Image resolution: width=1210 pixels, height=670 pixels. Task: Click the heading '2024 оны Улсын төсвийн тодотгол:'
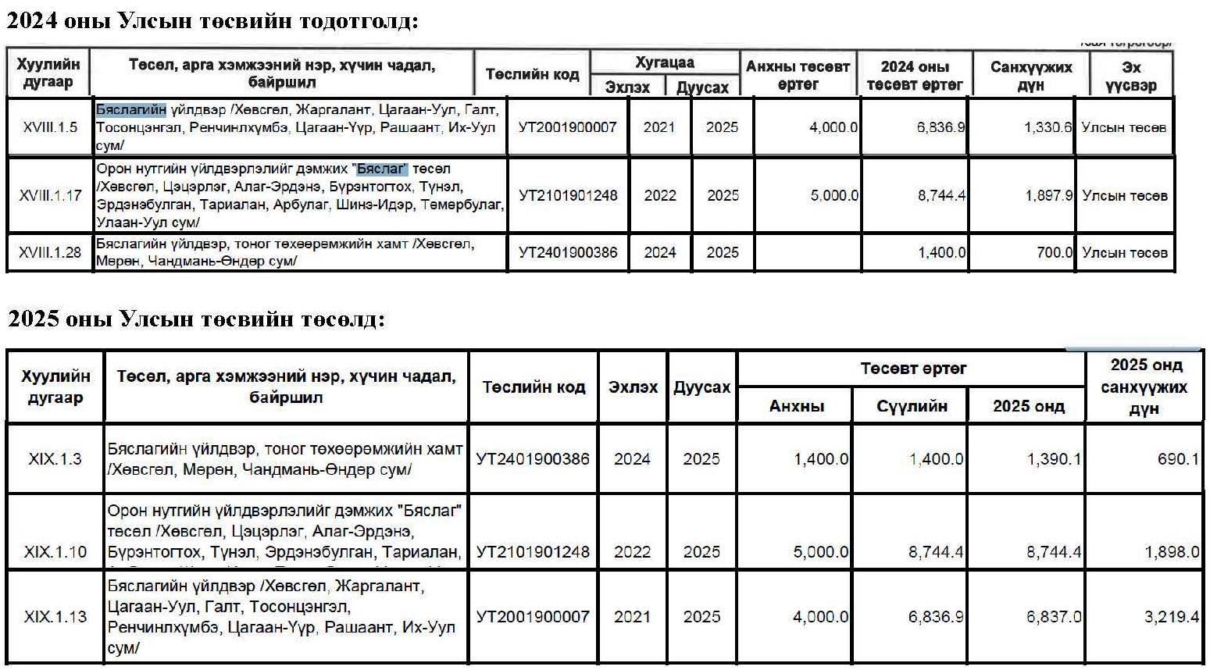pyautogui.click(x=212, y=20)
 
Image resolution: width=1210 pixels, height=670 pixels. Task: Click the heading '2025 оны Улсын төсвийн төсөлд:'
pyautogui.click(x=196, y=319)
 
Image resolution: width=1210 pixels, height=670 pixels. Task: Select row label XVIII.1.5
pyautogui.click(x=50, y=127)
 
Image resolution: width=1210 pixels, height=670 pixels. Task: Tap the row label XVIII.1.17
pyautogui.click(x=50, y=195)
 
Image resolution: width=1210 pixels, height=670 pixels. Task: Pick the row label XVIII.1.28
pyautogui.click(x=50, y=252)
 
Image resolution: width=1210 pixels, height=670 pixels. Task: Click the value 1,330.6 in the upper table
pyautogui.click(x=1048, y=127)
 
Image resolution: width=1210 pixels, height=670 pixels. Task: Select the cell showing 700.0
pyautogui.click(x=1054, y=252)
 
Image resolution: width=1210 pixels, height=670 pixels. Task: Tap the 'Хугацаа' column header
pyautogui.click(x=664, y=62)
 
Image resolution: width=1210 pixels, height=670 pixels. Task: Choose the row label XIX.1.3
pyautogui.click(x=55, y=459)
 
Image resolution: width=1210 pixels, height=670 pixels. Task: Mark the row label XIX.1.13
pyautogui.click(x=55, y=617)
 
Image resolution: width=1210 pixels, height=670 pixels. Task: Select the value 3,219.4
pyautogui.click(x=1171, y=617)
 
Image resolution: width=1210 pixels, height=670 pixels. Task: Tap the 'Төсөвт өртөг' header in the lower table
pyautogui.click(x=912, y=368)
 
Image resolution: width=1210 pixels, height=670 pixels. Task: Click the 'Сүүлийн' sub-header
pyautogui.click(x=912, y=406)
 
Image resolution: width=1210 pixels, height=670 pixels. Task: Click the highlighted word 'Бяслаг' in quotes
pyautogui.click(x=382, y=169)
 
